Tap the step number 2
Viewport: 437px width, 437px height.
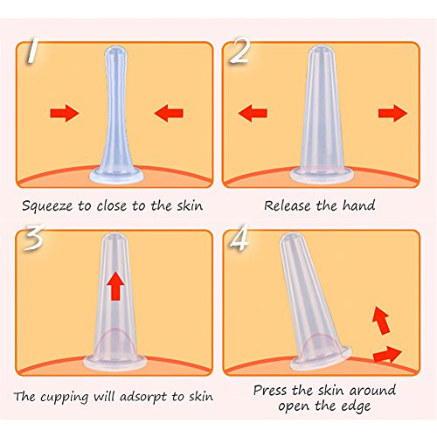[239, 51]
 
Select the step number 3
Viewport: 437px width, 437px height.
[34, 237]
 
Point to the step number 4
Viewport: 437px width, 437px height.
[239, 237]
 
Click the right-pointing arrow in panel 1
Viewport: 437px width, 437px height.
[65, 113]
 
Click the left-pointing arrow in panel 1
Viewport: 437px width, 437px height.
[169, 113]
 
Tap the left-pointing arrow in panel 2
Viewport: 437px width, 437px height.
[253, 113]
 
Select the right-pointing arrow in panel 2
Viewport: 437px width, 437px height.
[393, 113]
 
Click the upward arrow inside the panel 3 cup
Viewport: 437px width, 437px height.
[115, 286]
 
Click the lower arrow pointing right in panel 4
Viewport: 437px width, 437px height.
[387, 354]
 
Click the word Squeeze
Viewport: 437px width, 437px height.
[47, 206]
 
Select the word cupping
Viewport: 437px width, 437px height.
[64, 398]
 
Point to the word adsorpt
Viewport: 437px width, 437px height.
[144, 397]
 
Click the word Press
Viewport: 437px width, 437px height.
[270, 390]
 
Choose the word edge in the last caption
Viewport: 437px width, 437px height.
[357, 406]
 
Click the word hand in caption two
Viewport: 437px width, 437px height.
[358, 205]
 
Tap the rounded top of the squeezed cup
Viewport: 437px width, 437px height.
[116, 52]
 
